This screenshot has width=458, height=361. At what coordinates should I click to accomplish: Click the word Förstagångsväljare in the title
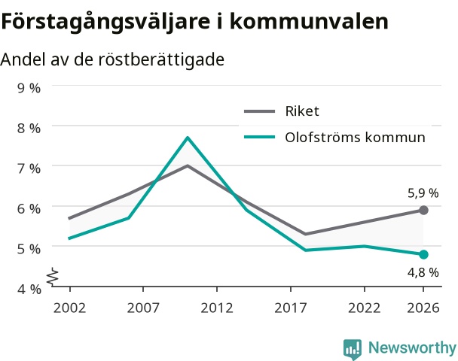[x=105, y=22]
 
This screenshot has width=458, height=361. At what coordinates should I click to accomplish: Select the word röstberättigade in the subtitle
[x=161, y=59]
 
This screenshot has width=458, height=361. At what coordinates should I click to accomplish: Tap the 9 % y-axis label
[x=29, y=88]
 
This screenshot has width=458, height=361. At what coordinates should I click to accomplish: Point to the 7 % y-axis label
[x=29, y=168]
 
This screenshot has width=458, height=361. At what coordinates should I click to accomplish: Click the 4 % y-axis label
[x=29, y=290]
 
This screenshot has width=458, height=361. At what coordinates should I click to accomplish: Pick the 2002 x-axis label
[x=70, y=308]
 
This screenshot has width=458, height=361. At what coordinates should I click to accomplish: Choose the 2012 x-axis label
[x=217, y=308]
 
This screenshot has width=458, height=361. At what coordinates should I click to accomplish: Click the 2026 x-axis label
[x=423, y=308]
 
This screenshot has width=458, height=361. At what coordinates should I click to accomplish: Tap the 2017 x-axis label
[x=291, y=308]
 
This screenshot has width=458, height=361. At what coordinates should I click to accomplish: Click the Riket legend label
[x=302, y=111]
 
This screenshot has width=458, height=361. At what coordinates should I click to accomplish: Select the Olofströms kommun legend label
[x=356, y=137]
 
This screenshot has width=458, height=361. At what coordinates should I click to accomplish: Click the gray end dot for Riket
[x=423, y=210]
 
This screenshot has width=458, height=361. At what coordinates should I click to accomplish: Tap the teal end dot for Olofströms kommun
[x=423, y=254]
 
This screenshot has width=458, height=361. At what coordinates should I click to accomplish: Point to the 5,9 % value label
[x=423, y=193]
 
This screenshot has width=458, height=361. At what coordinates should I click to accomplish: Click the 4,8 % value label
[x=423, y=273]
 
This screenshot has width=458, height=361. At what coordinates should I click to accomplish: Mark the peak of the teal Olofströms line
[x=188, y=138]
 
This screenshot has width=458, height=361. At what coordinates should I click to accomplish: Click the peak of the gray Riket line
[x=188, y=165]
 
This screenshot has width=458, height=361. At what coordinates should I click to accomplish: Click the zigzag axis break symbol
[x=53, y=276]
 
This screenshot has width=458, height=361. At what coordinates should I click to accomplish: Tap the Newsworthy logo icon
[x=353, y=349]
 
